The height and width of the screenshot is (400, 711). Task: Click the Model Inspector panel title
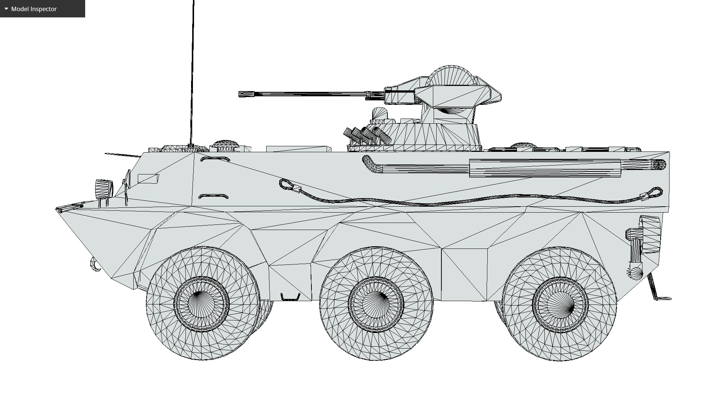click(x=34, y=9)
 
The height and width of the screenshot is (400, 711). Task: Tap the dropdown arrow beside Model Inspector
click(x=6, y=9)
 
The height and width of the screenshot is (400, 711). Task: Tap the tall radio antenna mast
click(x=193, y=74)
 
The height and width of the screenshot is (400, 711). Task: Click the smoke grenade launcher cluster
click(x=367, y=136)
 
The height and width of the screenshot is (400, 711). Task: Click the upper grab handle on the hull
click(x=215, y=159)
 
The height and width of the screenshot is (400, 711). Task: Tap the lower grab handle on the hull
click(x=213, y=196)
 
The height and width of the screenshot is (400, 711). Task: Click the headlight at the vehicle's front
click(x=104, y=189)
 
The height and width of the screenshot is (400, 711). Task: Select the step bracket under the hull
click(x=290, y=297)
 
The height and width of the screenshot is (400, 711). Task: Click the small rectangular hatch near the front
click(x=148, y=179)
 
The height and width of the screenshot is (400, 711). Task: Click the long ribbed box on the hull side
click(x=544, y=168)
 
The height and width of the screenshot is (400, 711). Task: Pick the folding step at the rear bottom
click(x=659, y=293)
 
